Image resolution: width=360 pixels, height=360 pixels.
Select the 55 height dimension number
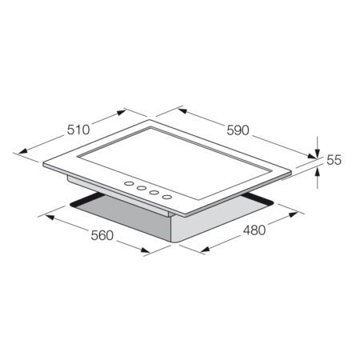tap(334, 160)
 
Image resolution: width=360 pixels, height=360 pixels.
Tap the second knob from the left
tap(139, 190)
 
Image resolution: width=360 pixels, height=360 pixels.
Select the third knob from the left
tap(152, 193)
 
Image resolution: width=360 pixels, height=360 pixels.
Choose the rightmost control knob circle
tap(166, 196)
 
